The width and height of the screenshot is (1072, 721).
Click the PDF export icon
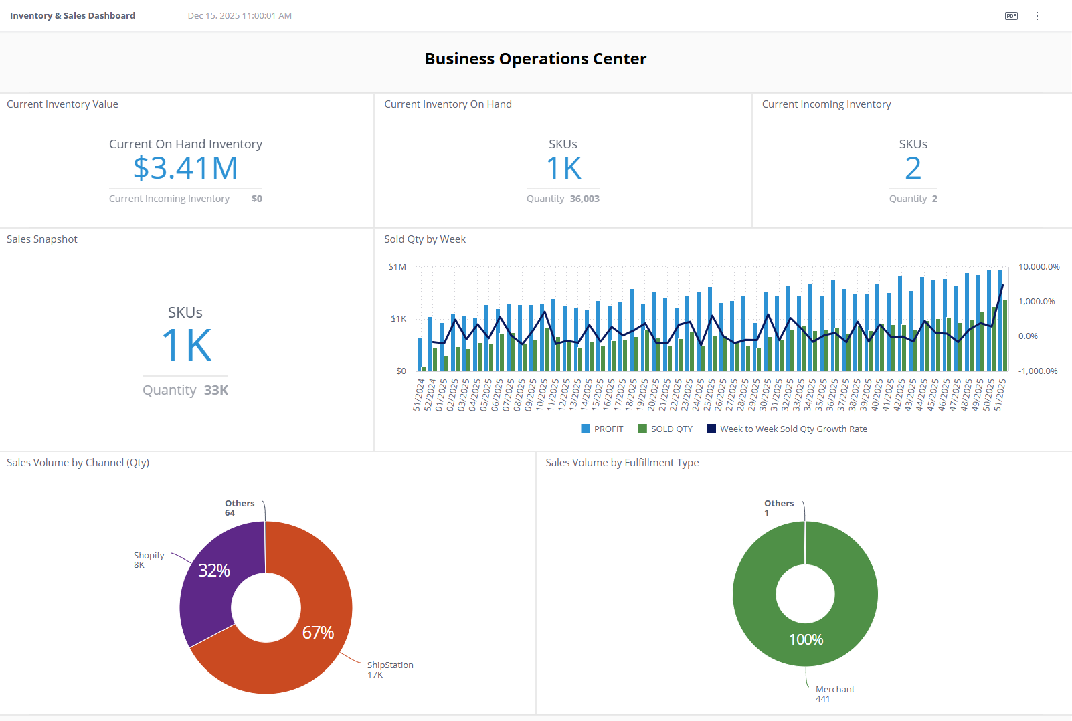point(1011,16)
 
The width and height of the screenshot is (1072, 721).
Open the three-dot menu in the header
point(1037,16)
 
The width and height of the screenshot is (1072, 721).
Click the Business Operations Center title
point(535,59)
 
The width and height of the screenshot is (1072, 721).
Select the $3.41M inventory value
point(185,168)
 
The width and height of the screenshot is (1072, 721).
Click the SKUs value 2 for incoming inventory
point(913,168)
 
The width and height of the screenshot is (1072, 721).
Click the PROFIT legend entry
point(602,429)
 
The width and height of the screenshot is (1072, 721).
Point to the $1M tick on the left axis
point(397,267)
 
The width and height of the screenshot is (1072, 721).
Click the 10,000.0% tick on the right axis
point(1039,267)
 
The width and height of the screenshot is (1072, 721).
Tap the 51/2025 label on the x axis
point(1000,395)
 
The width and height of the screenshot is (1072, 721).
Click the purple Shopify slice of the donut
point(207,589)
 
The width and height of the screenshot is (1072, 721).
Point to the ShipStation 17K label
point(389,669)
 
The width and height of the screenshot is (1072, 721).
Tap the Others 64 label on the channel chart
point(239,508)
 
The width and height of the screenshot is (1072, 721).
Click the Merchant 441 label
point(834,694)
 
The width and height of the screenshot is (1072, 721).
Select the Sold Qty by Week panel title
point(425,239)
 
